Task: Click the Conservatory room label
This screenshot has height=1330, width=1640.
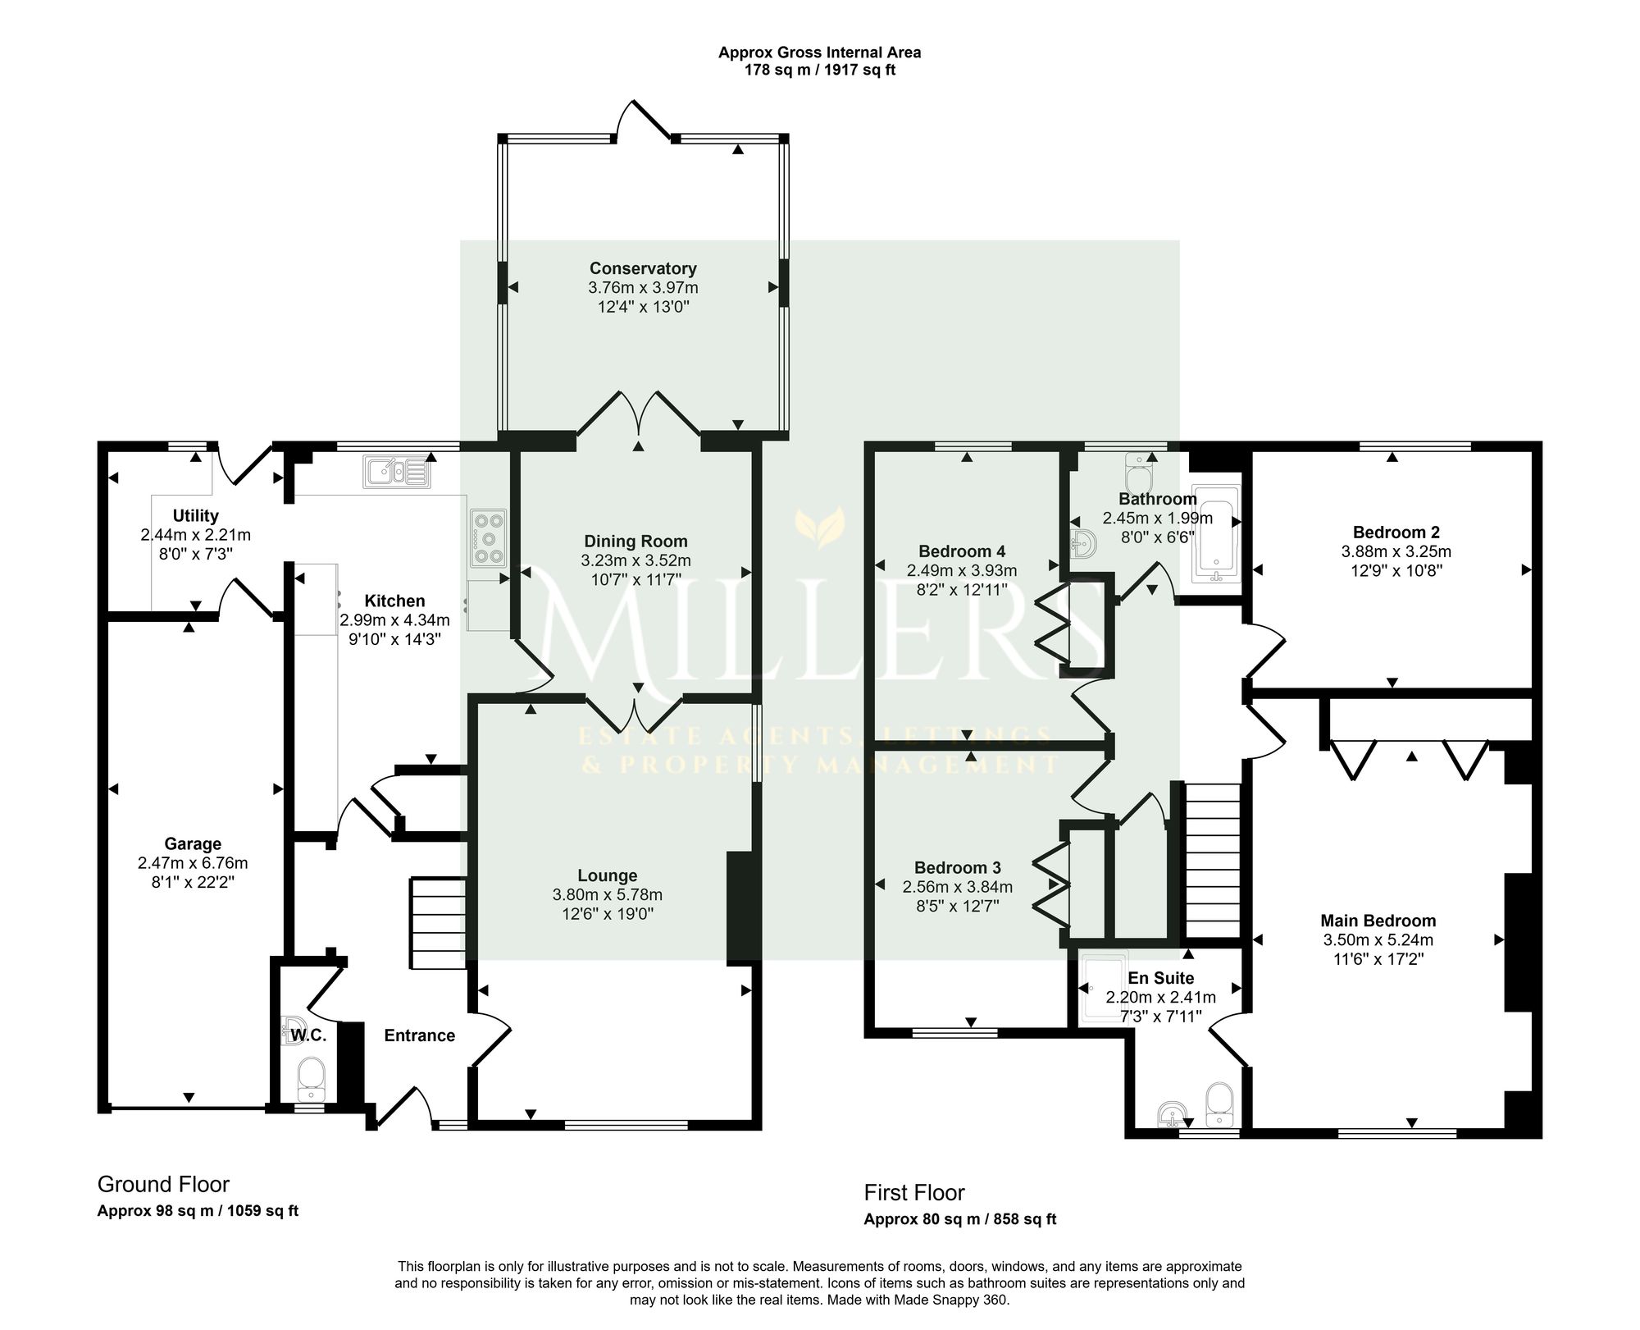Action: click(643, 268)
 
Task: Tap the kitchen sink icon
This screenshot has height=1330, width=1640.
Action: click(398, 473)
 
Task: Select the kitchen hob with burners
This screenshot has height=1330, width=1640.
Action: click(489, 538)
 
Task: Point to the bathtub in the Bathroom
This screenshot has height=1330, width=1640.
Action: click(1216, 533)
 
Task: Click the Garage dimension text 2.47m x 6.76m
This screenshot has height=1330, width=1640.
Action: click(193, 863)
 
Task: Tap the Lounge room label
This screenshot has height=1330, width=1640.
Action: click(607, 875)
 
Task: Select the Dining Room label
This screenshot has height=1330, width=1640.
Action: click(635, 542)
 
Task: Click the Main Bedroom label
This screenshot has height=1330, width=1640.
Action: click(1378, 921)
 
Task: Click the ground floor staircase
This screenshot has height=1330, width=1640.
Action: click(438, 924)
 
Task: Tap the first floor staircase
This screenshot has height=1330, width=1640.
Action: click(1213, 861)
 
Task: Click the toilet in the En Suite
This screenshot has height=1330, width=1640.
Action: click(1219, 1104)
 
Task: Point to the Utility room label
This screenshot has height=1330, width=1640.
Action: click(195, 515)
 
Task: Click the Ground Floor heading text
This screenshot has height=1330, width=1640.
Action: click(163, 1184)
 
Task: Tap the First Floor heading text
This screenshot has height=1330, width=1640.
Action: click(914, 1192)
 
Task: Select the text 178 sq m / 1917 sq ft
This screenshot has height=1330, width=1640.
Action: click(820, 70)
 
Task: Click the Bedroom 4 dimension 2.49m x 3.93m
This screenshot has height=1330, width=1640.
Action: click(962, 570)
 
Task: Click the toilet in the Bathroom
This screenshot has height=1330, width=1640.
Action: click(1141, 473)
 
